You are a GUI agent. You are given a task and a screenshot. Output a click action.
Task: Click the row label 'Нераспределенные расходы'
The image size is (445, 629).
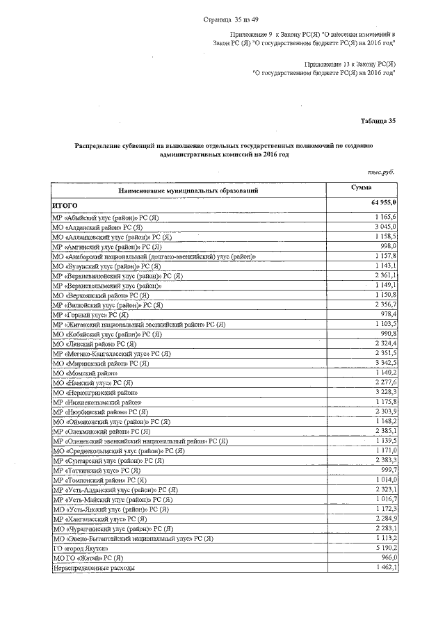94,568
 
